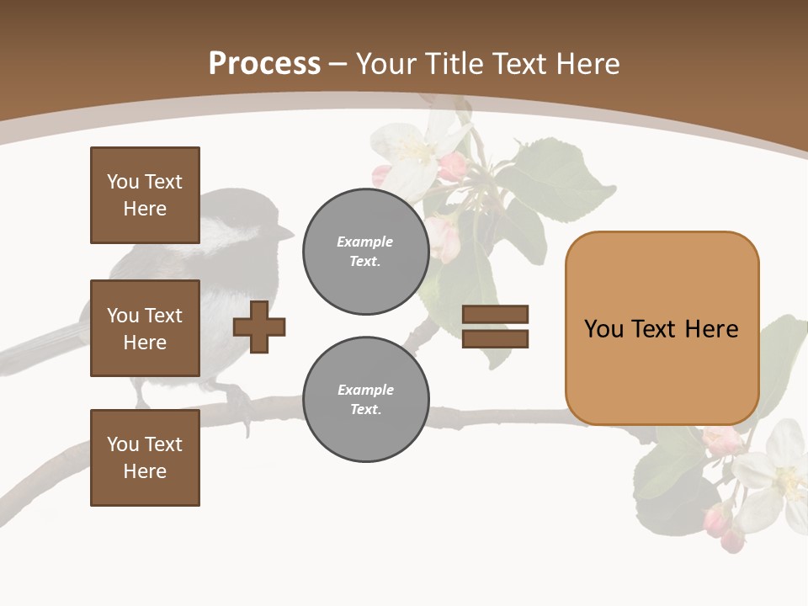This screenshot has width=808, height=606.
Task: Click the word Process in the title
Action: point(264,64)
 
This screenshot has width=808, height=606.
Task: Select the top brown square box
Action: point(145,195)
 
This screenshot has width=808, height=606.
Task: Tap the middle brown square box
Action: point(145,328)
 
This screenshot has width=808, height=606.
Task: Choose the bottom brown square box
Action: point(145,457)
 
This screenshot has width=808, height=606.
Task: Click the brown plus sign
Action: point(259,327)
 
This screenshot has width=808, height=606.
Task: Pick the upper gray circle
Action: point(365,251)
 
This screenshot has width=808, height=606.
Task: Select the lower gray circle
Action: point(365,399)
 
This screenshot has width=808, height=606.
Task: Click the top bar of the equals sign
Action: point(495,314)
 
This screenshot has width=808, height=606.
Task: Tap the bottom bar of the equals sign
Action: point(495,339)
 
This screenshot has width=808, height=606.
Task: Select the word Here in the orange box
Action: point(711,329)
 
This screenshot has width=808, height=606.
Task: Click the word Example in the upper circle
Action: point(365,242)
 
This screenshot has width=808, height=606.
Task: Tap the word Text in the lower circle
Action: point(365,409)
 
